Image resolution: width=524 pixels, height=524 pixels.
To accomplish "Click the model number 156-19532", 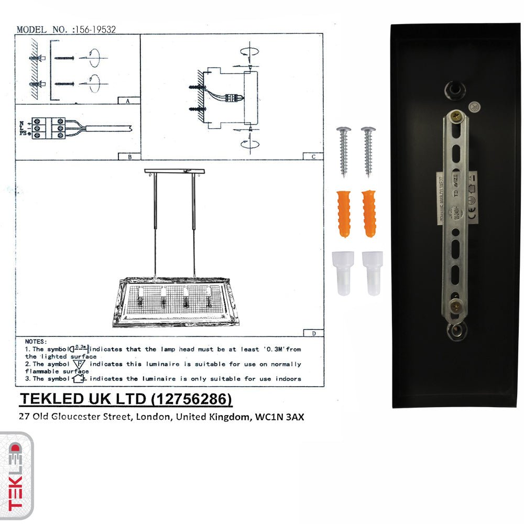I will click(x=96, y=30).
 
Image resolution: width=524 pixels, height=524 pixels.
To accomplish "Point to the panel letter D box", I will click(x=313, y=333).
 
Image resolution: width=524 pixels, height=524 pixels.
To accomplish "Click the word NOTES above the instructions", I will click(x=36, y=341).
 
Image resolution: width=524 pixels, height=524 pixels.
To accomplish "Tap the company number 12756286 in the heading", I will click(x=191, y=399).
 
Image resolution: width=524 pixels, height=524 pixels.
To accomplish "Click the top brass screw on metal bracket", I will click(x=457, y=117).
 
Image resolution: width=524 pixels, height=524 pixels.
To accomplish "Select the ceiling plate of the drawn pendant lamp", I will click(x=174, y=171).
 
